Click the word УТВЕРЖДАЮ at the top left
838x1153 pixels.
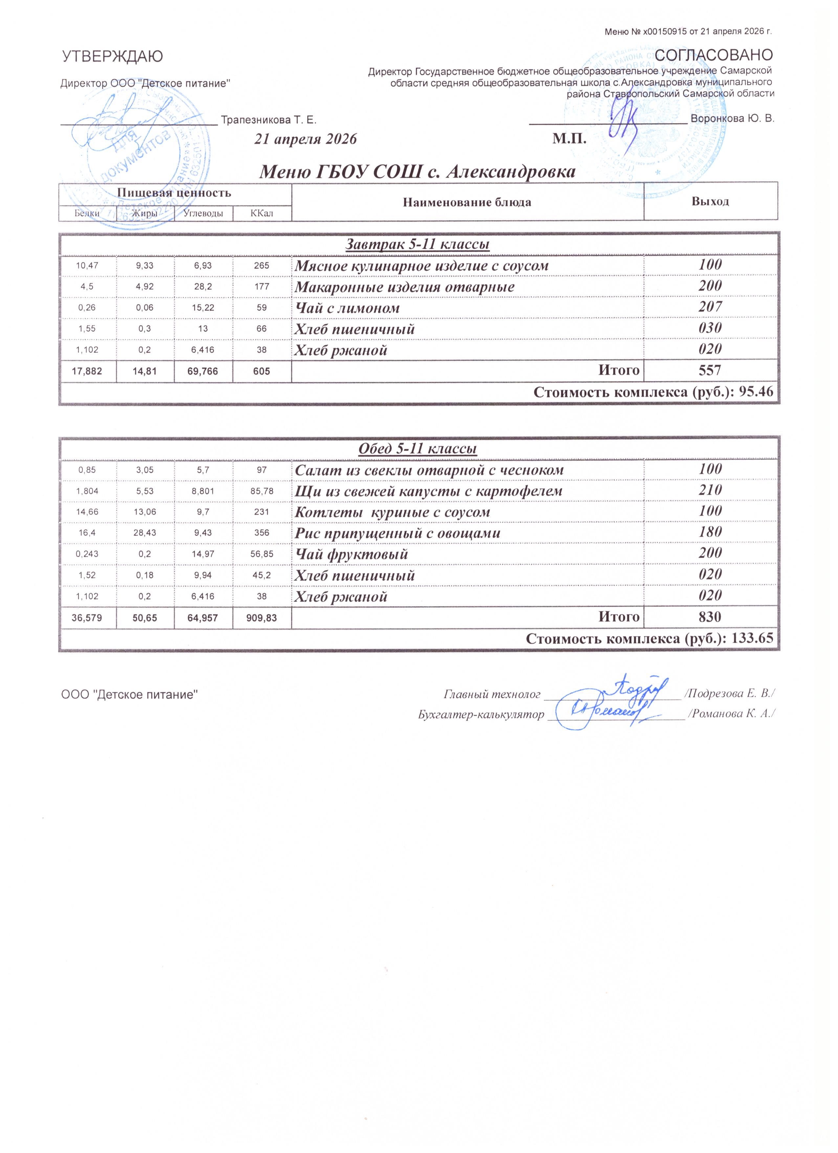point(112,57)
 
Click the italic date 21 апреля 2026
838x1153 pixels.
point(305,139)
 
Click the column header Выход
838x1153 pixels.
point(710,201)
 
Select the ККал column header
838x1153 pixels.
point(262,213)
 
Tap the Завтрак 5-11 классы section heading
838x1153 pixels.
point(417,244)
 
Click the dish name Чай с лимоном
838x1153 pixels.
point(347,308)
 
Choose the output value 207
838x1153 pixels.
point(710,306)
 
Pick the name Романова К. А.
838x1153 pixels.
point(731,714)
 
